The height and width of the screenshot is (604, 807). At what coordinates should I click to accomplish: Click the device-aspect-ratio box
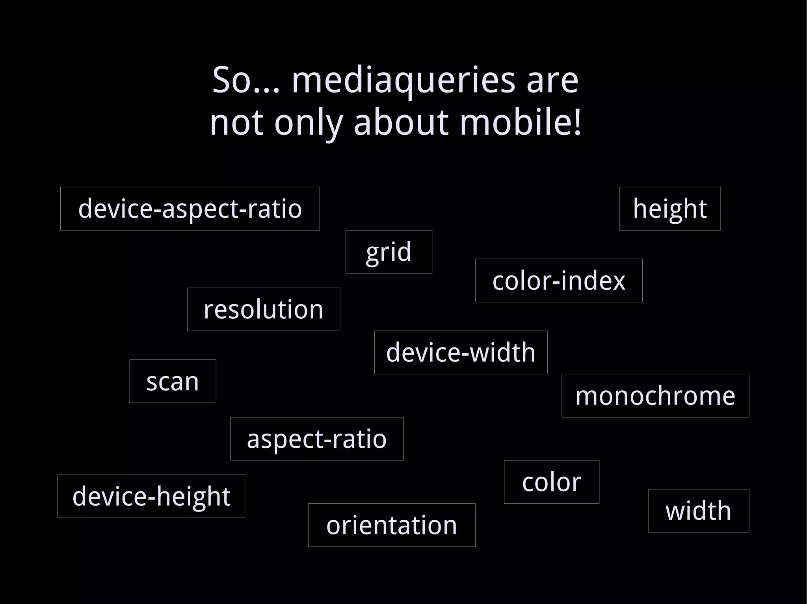[x=190, y=209]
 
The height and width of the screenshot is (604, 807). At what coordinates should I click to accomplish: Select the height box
[x=669, y=209]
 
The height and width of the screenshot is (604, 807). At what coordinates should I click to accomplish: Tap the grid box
[x=389, y=252]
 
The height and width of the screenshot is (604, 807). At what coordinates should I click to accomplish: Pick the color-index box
[x=558, y=281]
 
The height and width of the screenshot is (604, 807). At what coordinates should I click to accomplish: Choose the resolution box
[x=263, y=309]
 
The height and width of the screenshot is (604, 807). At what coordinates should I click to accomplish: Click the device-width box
[x=461, y=353]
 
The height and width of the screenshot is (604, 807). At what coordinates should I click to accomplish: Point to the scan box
[x=173, y=381]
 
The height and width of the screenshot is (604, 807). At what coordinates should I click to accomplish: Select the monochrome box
[x=655, y=395]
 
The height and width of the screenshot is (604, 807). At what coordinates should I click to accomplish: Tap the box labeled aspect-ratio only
[x=317, y=439]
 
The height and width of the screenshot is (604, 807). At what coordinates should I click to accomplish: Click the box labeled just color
[x=551, y=482]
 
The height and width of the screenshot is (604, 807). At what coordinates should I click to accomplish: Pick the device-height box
[x=151, y=496]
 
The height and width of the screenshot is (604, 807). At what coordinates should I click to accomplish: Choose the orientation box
[x=391, y=525]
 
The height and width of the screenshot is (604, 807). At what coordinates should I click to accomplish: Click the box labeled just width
[x=698, y=511]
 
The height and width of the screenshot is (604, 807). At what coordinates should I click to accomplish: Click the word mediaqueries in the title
[x=403, y=81]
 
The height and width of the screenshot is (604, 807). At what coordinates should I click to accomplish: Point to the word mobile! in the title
[x=521, y=122]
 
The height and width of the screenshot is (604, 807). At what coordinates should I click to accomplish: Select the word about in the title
[x=401, y=122]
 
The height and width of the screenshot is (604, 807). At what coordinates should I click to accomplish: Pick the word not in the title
[x=236, y=122]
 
